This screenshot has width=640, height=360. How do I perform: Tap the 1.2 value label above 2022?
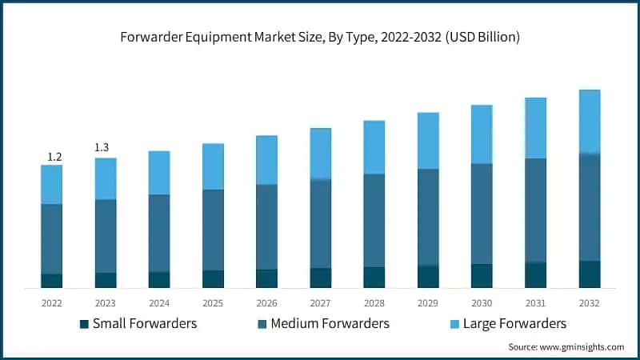pos(54,157)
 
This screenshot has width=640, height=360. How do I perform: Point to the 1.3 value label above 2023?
pos(102,148)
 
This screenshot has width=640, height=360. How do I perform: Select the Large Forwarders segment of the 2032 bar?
pos(589,122)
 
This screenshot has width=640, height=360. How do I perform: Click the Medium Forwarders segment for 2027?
pos(320,223)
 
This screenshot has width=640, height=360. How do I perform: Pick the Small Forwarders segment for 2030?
pos(482,275)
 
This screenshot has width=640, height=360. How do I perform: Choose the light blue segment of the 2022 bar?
pos(52,184)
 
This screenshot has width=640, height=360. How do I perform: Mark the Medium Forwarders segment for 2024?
pos(159,233)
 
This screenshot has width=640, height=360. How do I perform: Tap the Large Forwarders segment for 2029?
pos(428,141)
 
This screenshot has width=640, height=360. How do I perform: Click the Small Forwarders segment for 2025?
pos(213,278)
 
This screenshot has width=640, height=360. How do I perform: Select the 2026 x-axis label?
pos(266,303)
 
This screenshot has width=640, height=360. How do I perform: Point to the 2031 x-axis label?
pos(535,303)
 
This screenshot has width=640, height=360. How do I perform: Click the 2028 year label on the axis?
pos(374,303)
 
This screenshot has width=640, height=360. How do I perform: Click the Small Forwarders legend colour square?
pos(84,324)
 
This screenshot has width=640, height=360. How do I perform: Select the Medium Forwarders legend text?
pos(330,323)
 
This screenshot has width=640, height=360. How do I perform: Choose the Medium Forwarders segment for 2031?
pos(535,210)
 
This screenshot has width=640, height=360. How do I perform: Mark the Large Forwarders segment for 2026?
pos(266,160)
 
